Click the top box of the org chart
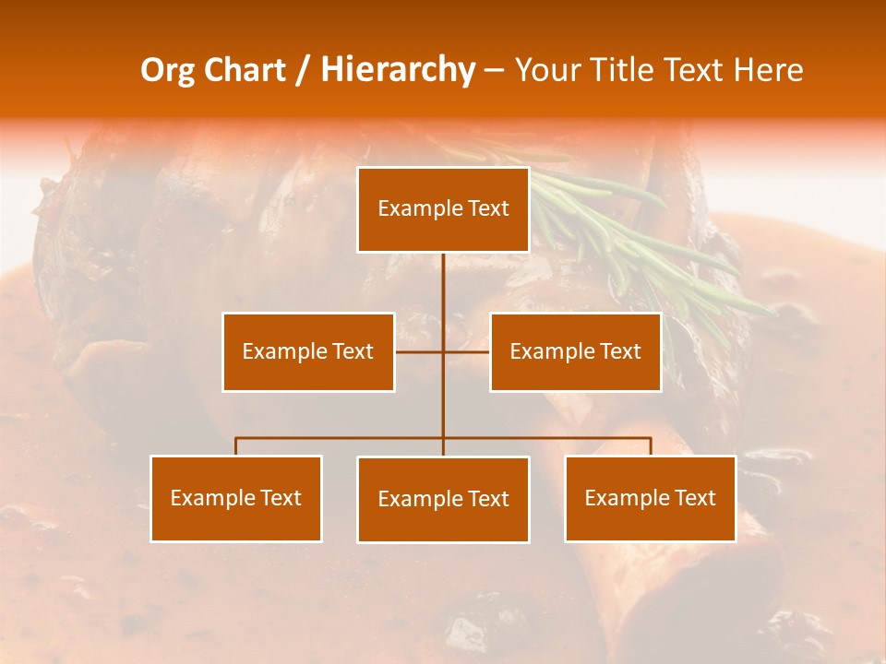443,209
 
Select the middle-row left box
308,351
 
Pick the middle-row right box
575,351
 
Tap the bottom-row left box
236,498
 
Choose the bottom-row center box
443,499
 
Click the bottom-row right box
650,498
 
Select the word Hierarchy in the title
397,70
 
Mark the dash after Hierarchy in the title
494,71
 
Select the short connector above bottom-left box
236,446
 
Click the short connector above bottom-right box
650,446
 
